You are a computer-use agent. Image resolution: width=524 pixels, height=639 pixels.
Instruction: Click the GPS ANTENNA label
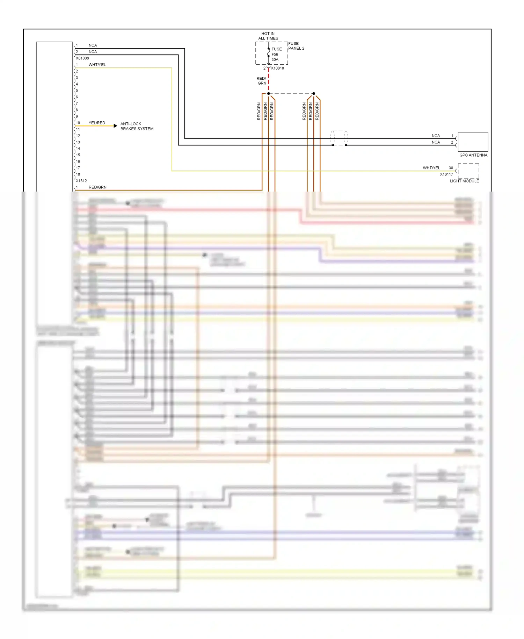[x=473, y=155]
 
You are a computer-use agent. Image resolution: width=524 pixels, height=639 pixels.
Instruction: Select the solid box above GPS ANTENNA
[x=473, y=142]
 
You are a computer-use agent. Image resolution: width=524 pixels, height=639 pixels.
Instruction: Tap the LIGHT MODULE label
[x=464, y=181]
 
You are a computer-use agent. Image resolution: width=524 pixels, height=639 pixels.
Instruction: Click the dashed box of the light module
[x=468, y=171]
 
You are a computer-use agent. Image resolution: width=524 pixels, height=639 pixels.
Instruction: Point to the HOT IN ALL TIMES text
[x=268, y=36]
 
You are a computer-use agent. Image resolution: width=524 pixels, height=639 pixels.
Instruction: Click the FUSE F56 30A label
[x=276, y=54]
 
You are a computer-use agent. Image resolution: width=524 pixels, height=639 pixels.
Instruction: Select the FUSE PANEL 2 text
[x=296, y=46]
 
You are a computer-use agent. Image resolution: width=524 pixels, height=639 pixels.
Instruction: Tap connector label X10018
[x=277, y=68]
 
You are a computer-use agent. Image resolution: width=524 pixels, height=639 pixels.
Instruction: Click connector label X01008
[x=82, y=58]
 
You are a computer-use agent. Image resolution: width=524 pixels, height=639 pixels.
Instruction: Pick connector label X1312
[x=81, y=181]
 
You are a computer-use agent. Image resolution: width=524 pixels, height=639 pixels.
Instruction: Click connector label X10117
[x=446, y=174]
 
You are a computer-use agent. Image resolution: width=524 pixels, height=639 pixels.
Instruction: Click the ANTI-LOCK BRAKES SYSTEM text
[x=137, y=126]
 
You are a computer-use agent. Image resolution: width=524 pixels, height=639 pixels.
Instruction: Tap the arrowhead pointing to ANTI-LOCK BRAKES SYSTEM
[x=115, y=126]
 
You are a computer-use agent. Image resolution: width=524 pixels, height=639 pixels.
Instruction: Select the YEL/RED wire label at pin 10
[x=97, y=123]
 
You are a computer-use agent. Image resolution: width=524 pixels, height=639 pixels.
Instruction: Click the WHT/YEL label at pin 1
[x=97, y=65]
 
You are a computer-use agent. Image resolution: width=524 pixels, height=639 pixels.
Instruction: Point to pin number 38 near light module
[x=451, y=168]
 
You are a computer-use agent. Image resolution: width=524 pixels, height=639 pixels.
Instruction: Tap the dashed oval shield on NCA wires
[x=339, y=138]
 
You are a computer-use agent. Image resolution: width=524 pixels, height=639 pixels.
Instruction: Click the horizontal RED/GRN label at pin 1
[x=97, y=187]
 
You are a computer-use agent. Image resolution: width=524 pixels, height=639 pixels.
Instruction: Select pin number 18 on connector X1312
[x=78, y=174]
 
